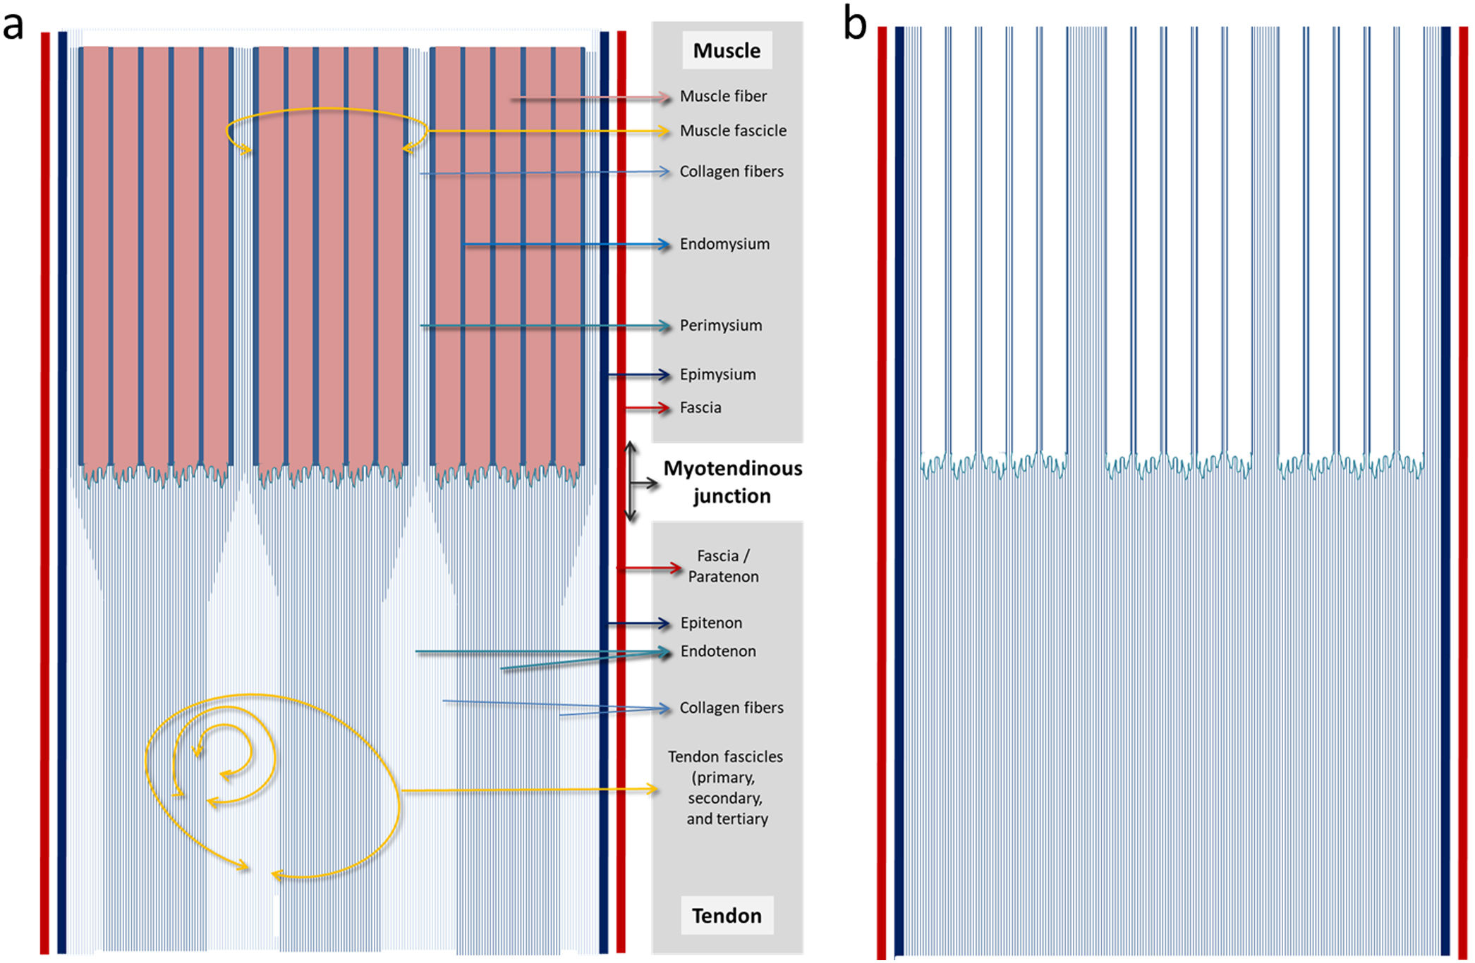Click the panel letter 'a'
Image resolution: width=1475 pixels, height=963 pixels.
pyautogui.click(x=13, y=25)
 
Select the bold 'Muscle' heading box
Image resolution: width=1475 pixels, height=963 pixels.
pyautogui.click(x=727, y=51)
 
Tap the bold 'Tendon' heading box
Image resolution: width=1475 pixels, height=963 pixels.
pyautogui.click(x=727, y=915)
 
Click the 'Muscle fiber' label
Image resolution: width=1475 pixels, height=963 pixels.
pyautogui.click(x=723, y=97)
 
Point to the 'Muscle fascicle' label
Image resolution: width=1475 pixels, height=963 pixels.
pyautogui.click(x=733, y=131)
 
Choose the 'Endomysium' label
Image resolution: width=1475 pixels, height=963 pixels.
pyautogui.click(x=724, y=245)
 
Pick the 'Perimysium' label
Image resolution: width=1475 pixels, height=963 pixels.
pyautogui.click(x=721, y=326)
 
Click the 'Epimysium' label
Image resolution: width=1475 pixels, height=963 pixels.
pyautogui.click(x=717, y=375)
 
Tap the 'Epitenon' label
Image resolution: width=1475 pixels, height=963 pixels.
pyautogui.click(x=711, y=623)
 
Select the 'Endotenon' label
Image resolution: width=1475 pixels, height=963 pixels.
pyautogui.click(x=718, y=651)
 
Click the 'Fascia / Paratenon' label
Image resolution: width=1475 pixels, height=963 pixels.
pyautogui.click(x=723, y=566)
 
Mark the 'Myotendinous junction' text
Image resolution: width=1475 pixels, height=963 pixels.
pyautogui.click(x=732, y=482)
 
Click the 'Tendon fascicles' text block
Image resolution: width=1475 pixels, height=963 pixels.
pyautogui.click(x=726, y=787)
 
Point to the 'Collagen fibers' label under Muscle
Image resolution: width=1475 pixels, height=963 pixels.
pyautogui.click(x=732, y=172)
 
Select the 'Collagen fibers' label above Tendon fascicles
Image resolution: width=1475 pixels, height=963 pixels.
pyautogui.click(x=732, y=708)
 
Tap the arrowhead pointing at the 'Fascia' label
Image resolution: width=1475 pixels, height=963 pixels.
pyautogui.click(x=664, y=408)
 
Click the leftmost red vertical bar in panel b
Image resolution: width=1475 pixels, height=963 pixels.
pyautogui.click(x=882, y=493)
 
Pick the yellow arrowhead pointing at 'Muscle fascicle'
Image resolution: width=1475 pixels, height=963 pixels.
pyautogui.click(x=663, y=131)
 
